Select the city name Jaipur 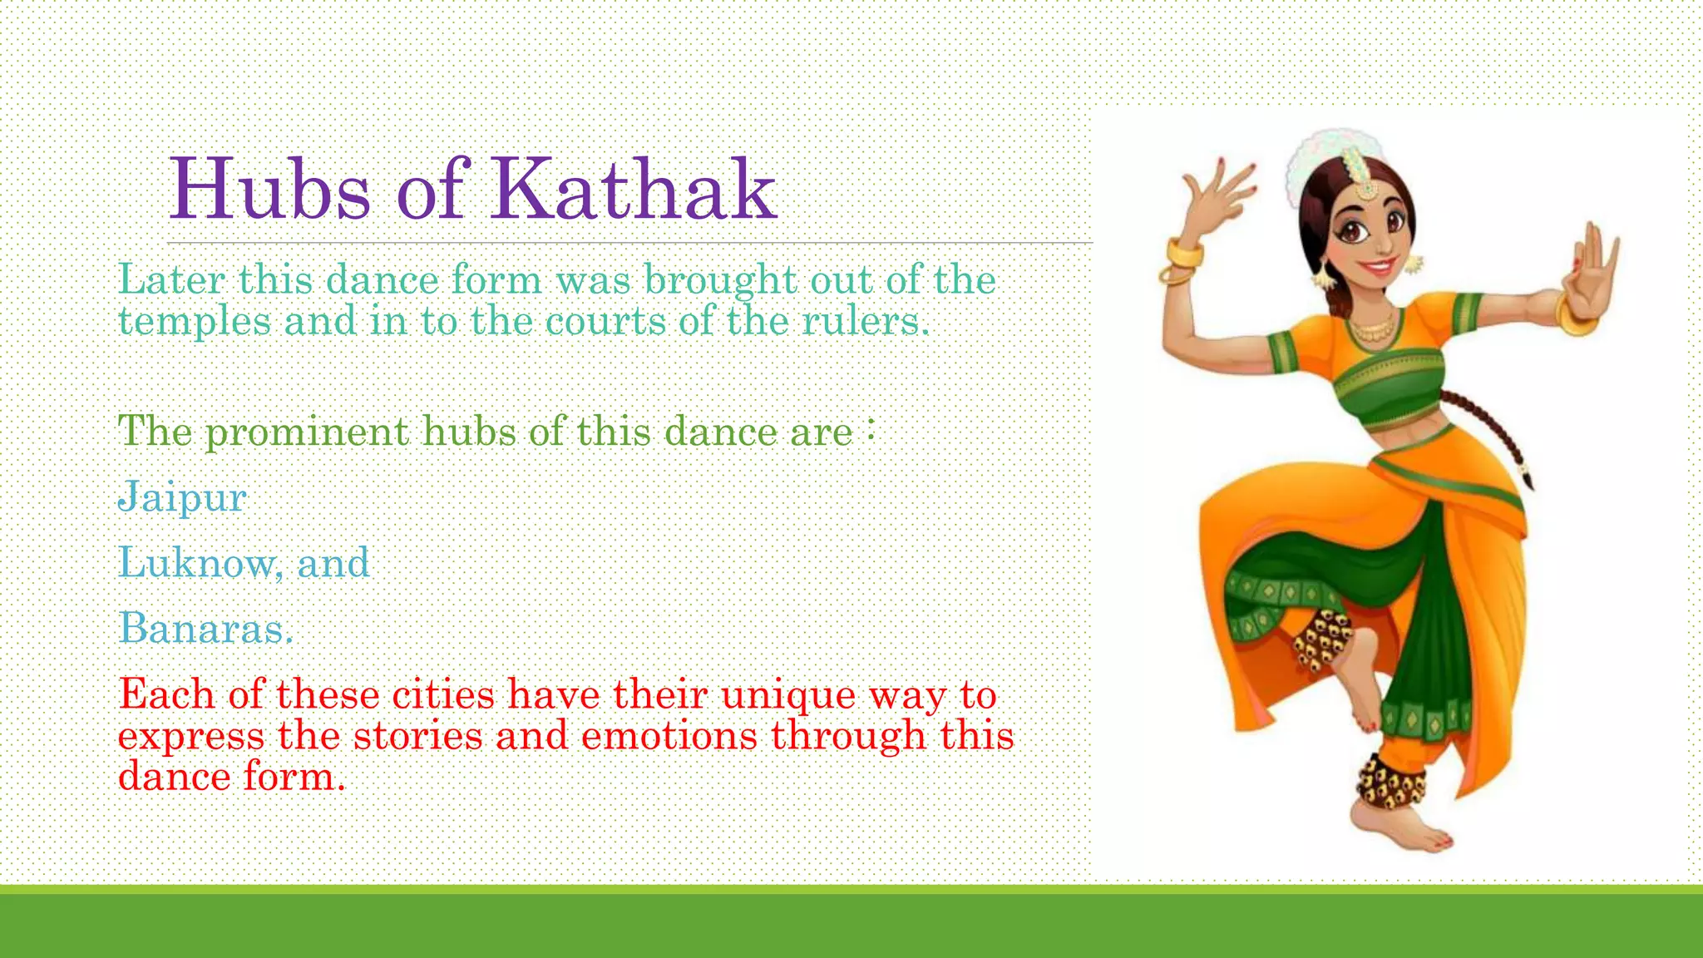pyautogui.click(x=182, y=498)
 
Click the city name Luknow pyautogui.click(x=196, y=563)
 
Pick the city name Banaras pyautogui.click(x=205, y=629)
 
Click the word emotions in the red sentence pyautogui.click(x=669, y=736)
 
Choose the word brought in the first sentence pyautogui.click(x=720, y=280)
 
